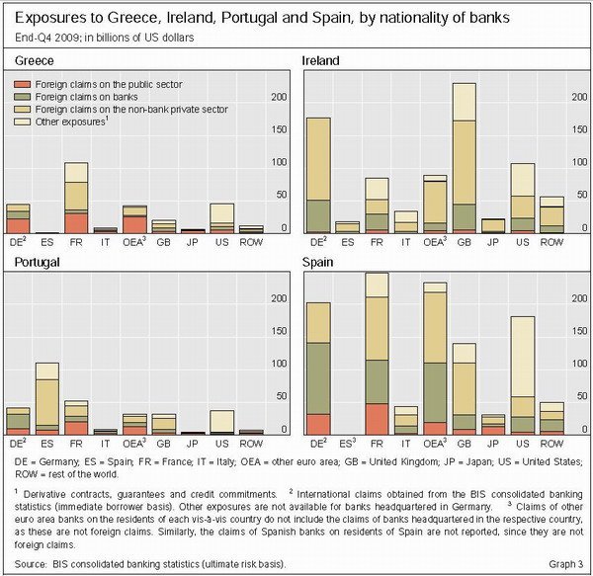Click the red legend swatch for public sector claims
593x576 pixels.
coord(22,84)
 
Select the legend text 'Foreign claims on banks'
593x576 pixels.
coord(86,97)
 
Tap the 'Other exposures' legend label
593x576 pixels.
coord(70,122)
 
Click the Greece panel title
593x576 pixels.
coord(34,60)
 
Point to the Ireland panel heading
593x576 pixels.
coord(320,60)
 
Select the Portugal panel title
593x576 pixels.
coord(37,262)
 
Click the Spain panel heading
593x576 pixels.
coord(317,262)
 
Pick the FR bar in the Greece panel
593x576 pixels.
coord(76,198)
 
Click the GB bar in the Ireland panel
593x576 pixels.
coord(465,158)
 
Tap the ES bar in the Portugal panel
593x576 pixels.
coord(47,399)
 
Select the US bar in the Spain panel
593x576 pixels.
coord(523,375)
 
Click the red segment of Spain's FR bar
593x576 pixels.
coord(378,419)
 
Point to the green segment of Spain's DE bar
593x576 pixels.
coord(318,378)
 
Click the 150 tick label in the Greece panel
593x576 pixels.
coord(279,129)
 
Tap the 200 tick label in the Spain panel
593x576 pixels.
coord(579,298)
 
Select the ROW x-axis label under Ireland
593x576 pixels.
coord(551,242)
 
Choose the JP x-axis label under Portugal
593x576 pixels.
coord(192,444)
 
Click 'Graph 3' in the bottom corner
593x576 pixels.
coord(565,564)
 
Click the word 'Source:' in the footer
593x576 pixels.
coord(31,564)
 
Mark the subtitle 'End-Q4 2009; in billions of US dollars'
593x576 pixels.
coord(105,38)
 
